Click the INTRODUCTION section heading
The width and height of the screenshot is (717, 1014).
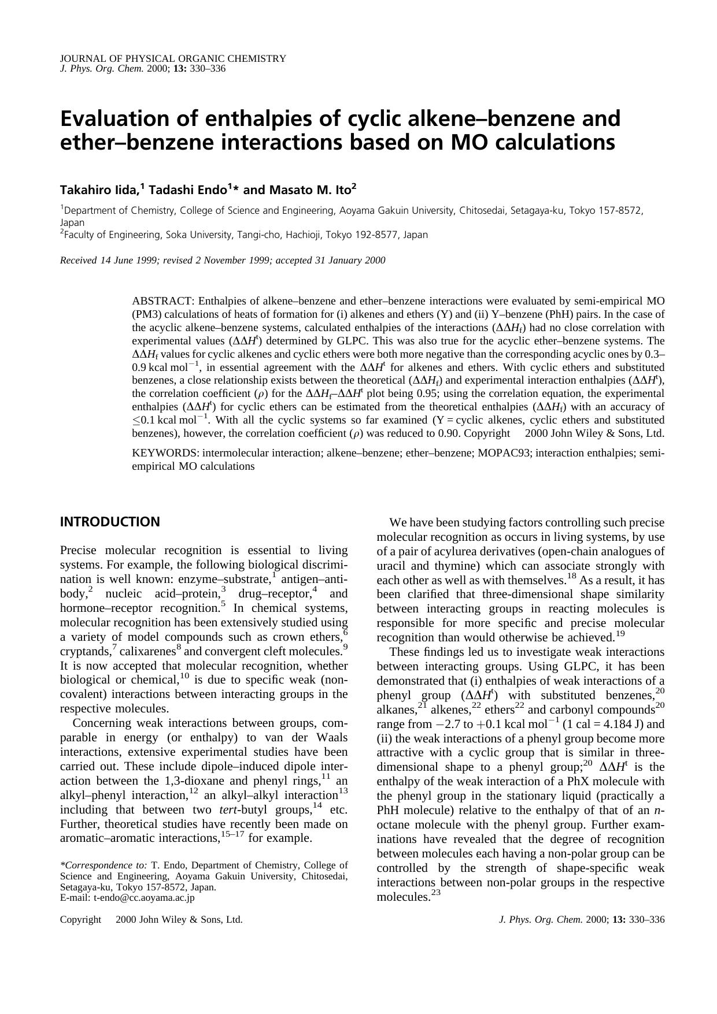tap(110, 522)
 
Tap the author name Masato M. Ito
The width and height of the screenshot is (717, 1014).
tap(311, 190)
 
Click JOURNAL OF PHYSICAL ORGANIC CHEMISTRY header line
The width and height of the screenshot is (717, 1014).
tap(173, 58)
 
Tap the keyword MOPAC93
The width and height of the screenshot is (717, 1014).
tap(504, 453)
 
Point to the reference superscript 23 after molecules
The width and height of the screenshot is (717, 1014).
tap(436, 893)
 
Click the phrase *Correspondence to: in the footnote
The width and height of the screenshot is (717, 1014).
tap(104, 865)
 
